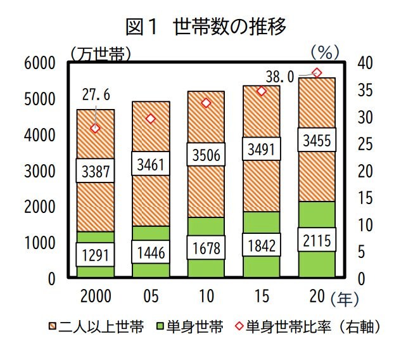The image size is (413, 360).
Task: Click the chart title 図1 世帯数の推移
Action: (x=206, y=27)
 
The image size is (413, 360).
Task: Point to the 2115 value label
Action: (x=317, y=240)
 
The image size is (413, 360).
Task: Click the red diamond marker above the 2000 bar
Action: (x=96, y=128)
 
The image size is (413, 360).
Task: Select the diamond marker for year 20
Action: (x=317, y=73)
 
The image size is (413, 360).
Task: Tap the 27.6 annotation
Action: (x=97, y=95)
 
